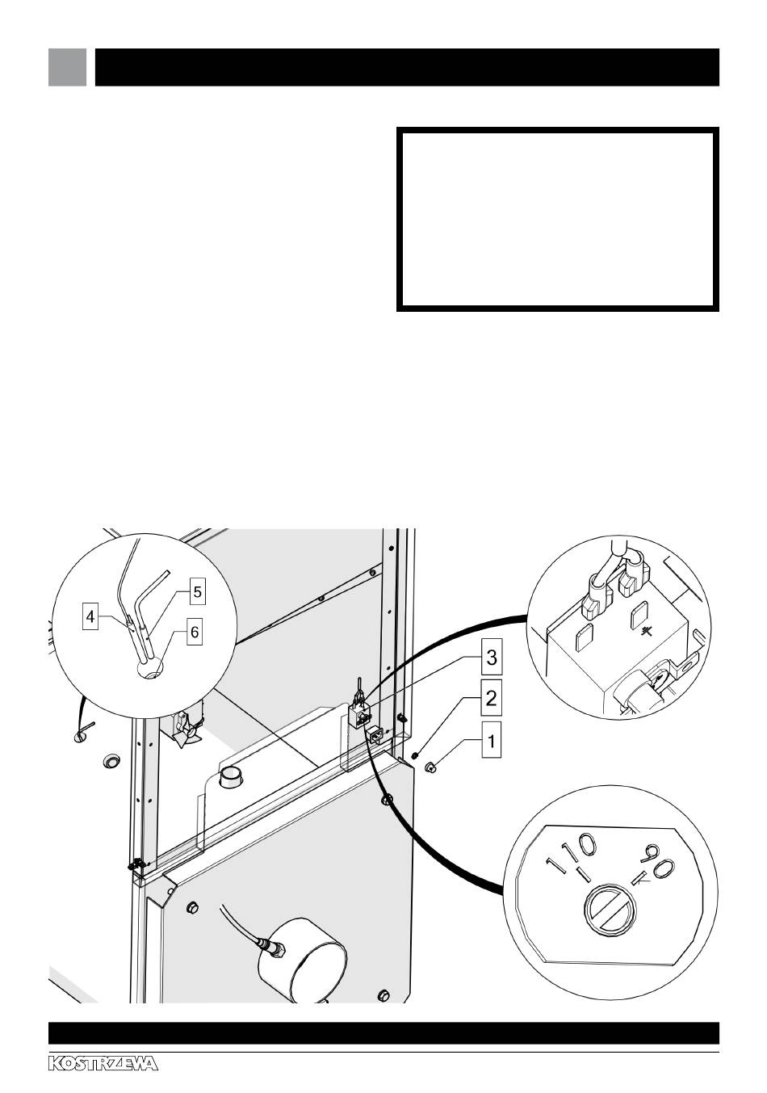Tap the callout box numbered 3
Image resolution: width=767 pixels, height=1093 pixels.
pos(492,658)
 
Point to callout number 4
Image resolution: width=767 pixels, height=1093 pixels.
pos(91,617)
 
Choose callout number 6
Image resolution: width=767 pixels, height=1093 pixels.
pos(195,633)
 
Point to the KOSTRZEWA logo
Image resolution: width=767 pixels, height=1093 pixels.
pos(103,1064)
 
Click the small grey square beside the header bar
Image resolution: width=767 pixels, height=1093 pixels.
pos(67,67)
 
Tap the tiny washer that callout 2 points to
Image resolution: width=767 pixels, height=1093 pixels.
pos(413,755)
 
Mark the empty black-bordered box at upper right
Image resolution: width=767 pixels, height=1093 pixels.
pos(557,218)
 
